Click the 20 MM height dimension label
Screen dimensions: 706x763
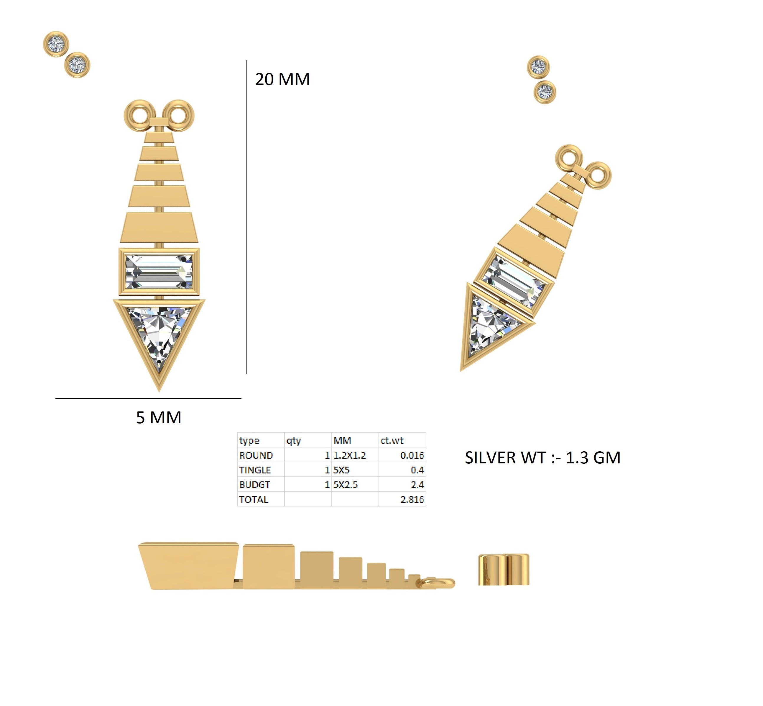[x=282, y=79]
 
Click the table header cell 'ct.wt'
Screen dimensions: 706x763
[x=392, y=440]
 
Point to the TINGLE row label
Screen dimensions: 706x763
[x=255, y=470]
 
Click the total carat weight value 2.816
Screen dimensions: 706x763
[x=412, y=499]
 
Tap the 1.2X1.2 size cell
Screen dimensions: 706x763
[x=350, y=455]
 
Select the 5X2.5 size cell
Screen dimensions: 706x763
[x=346, y=485]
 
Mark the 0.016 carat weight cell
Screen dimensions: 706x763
[x=412, y=455]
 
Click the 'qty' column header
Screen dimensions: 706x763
[x=294, y=440]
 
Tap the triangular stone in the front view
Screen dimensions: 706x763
[x=159, y=332]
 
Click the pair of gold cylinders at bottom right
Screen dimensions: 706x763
[x=504, y=569]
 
